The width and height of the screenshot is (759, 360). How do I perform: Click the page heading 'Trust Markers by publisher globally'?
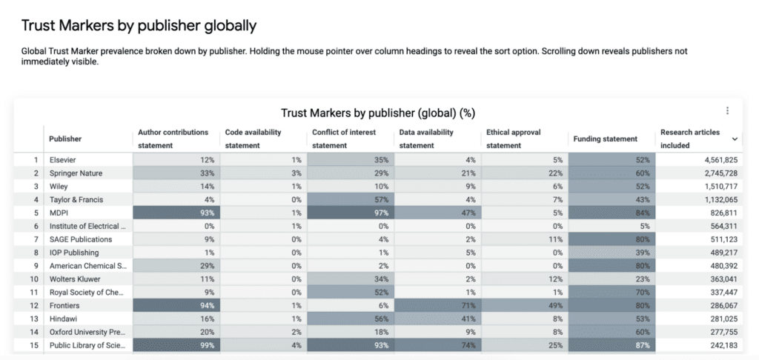point(139,26)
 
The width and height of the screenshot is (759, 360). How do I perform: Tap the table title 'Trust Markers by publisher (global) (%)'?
point(378,113)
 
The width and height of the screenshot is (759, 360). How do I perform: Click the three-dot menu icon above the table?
point(727,111)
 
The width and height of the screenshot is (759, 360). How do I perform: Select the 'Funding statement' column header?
point(605,139)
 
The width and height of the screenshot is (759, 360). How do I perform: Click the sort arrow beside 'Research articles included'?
point(735,139)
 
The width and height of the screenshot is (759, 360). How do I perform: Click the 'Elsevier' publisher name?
point(62,159)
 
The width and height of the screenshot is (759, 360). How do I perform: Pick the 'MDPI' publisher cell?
point(59,213)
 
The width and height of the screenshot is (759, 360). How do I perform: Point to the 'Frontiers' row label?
point(64,306)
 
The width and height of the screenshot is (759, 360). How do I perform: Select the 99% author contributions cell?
point(175,346)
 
